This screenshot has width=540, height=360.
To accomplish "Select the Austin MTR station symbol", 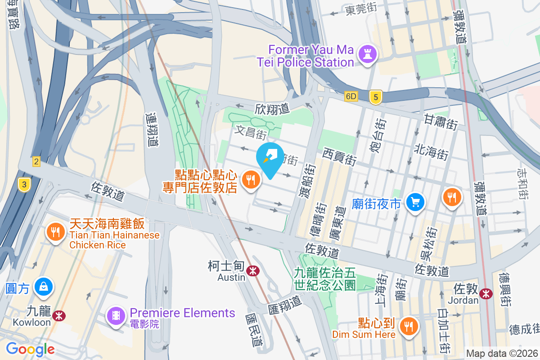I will coord(253,270).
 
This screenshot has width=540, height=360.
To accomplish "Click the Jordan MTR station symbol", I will coord(486,293).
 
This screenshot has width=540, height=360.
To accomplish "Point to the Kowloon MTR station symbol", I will coord(58,316).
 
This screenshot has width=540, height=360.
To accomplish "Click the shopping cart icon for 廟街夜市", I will coord(414,202).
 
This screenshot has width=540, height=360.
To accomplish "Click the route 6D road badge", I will coord(351,97).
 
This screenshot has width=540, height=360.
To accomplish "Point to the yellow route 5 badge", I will coord(376,97).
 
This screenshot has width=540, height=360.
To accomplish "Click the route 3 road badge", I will coord(23,184).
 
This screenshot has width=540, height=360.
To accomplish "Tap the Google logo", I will coord(30,349).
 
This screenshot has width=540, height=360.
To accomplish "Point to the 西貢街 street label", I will coord(339,157).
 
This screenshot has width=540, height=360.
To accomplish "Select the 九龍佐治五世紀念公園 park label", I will coord(324,279).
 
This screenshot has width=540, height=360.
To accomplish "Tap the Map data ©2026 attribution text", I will coord(501,353).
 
